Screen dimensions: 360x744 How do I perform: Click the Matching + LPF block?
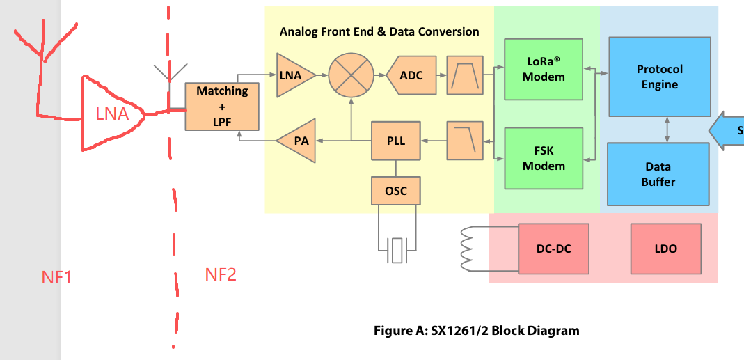pyautogui.click(x=222, y=106)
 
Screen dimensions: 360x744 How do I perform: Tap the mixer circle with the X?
pyautogui.click(x=351, y=75)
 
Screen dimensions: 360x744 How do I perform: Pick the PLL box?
pyautogui.click(x=395, y=141)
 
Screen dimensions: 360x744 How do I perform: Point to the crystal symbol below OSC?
pyautogui.click(x=397, y=249)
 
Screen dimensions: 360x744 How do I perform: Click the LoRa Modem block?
pyautogui.click(x=544, y=70)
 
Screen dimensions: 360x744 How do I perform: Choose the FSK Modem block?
pyautogui.click(x=544, y=159)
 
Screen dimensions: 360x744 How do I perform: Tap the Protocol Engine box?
pyautogui.click(x=659, y=77)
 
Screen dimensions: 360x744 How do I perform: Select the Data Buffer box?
pyautogui.click(x=658, y=174)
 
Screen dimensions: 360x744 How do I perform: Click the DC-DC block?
pyautogui.click(x=553, y=249)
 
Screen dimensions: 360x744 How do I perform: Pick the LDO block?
pyautogui.click(x=665, y=249)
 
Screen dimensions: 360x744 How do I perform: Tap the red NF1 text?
pyautogui.click(x=57, y=278)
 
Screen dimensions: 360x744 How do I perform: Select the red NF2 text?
pyautogui.click(x=221, y=275)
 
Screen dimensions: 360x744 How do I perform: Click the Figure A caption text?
pyautogui.click(x=476, y=331)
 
